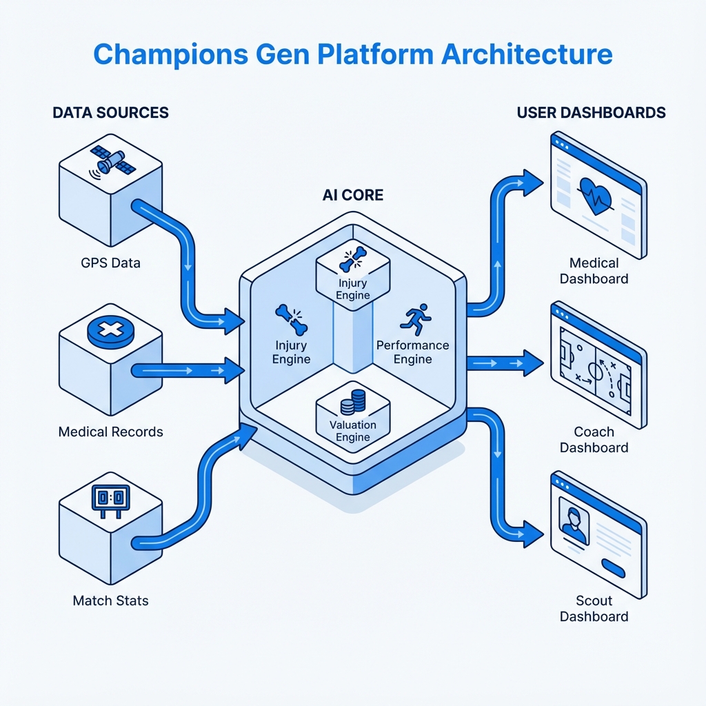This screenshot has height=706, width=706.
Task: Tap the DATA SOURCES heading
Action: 110,112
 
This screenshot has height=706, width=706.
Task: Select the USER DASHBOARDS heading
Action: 591,112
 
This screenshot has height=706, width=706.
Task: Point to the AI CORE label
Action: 352,195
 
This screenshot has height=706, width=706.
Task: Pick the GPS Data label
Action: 110,263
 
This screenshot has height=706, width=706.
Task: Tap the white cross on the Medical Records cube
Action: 110,332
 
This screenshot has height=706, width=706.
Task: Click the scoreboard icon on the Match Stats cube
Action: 110,497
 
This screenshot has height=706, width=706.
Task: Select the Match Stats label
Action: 110,601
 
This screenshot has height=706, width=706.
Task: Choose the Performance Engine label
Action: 413,352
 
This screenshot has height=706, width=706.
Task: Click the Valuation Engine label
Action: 352,431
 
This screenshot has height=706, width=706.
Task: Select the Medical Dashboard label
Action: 594,270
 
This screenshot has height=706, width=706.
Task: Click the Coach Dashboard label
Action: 594,439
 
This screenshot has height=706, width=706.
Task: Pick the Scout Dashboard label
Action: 594,608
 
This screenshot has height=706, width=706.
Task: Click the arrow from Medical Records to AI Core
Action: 186,370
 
